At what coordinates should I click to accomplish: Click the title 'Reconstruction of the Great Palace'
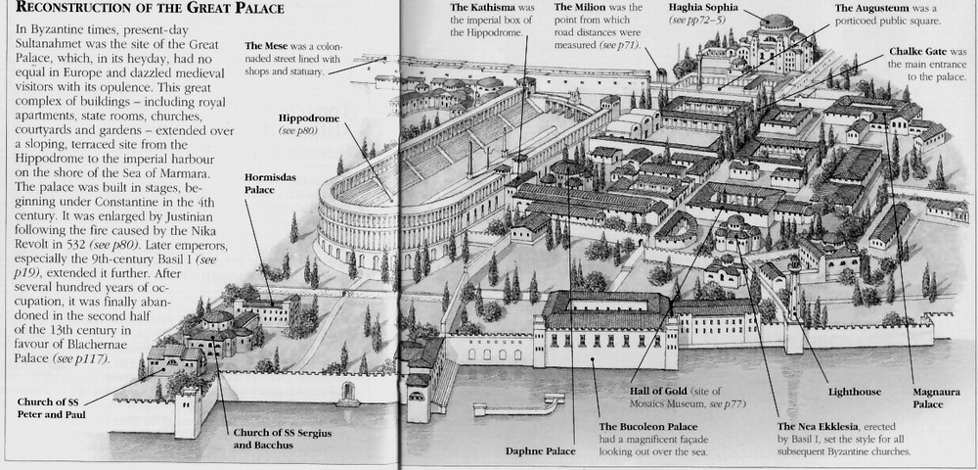tap(151, 8)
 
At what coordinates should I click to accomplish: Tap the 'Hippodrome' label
tap(309, 117)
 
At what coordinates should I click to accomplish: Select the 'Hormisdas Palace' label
tap(270, 183)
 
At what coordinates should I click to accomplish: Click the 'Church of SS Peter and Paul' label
tap(51, 408)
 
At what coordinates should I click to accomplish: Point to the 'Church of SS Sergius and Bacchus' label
tap(282, 439)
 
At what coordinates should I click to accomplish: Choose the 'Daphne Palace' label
tap(540, 450)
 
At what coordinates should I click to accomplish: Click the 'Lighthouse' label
tap(855, 392)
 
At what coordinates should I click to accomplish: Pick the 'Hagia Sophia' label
tap(703, 8)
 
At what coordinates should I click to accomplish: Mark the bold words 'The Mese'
tap(262, 46)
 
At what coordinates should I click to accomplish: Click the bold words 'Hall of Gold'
tap(658, 392)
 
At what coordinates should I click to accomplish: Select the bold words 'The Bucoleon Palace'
tap(648, 427)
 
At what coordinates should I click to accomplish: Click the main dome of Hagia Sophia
tap(778, 23)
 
